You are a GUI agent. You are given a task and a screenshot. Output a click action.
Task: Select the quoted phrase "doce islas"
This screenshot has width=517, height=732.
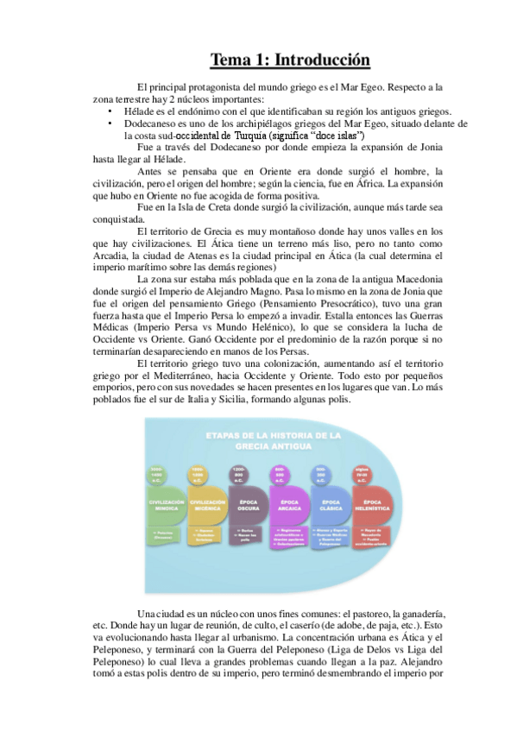pyautogui.click(x=341, y=136)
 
